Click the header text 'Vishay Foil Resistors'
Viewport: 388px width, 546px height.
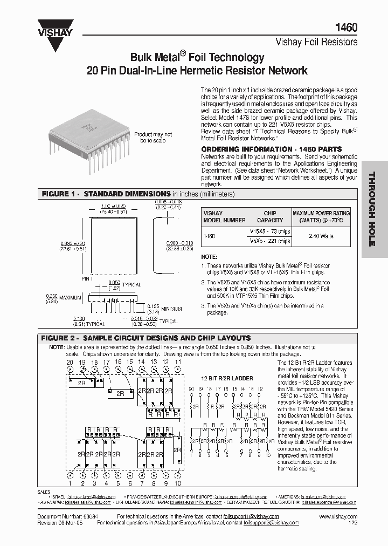click(316, 41)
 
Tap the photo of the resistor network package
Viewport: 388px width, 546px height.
click(88, 137)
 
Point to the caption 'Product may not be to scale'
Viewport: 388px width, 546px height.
click(149, 137)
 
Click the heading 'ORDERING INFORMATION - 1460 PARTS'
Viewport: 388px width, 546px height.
click(271, 149)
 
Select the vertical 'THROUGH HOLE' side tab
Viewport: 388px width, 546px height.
click(371, 209)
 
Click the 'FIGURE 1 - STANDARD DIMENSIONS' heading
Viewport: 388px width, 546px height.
click(106, 194)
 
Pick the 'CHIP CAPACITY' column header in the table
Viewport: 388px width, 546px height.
click(270, 216)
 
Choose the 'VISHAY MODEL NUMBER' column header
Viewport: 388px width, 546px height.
click(224, 216)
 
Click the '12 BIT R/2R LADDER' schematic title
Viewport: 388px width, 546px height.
click(227, 378)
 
